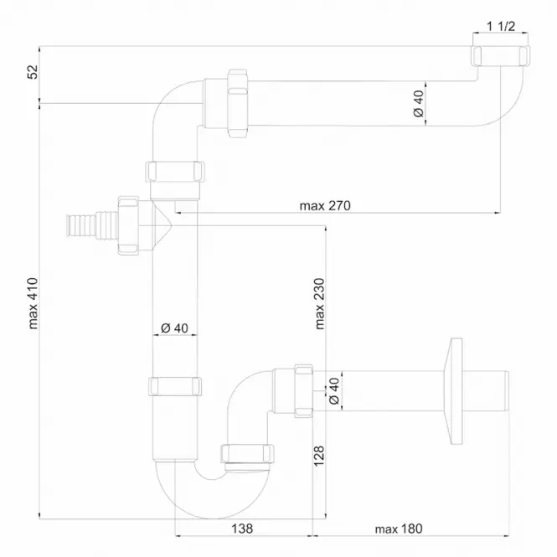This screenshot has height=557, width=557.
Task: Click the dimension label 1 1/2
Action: [501, 26]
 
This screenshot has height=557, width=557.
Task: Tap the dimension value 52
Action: [33, 72]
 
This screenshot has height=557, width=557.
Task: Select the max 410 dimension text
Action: [33, 304]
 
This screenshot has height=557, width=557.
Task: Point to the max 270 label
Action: [325, 206]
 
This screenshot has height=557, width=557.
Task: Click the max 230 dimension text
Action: [320, 304]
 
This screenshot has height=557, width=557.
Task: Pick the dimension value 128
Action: [319, 456]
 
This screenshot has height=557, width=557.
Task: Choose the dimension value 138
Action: [242, 529]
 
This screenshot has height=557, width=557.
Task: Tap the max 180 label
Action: [399, 529]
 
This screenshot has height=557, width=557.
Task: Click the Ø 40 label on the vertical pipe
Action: [174, 327]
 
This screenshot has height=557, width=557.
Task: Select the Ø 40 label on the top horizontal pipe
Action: [419, 103]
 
